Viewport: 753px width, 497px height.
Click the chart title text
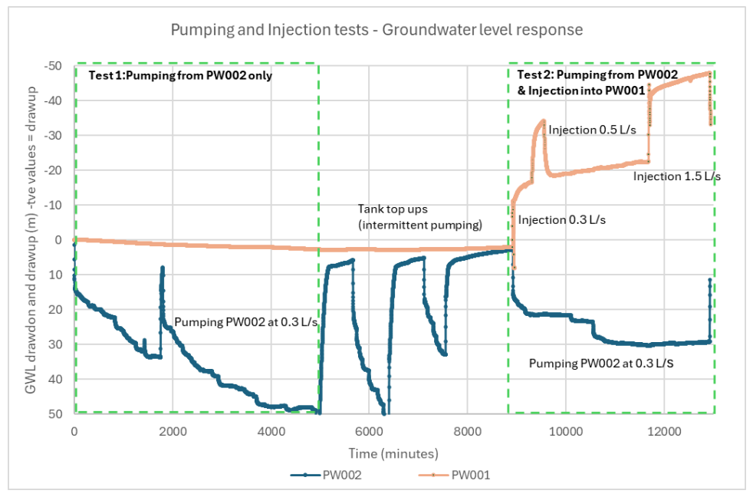coord(376,30)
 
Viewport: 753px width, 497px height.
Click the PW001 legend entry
coord(454,475)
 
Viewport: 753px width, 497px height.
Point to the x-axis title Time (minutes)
coord(393,453)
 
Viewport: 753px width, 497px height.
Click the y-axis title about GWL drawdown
coord(31,240)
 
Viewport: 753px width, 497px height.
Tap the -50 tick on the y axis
coord(53,66)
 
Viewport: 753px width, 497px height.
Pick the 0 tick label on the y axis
coord(58,240)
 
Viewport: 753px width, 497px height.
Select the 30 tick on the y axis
coord(56,344)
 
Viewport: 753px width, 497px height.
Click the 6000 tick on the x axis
coord(369,431)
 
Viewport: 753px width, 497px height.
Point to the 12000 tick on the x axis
coord(664,431)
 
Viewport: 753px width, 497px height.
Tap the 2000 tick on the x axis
coord(173,431)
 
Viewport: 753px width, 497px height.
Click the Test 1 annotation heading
coord(180,75)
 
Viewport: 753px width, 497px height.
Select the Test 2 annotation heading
coord(597,83)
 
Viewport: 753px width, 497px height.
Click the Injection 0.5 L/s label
coord(592,130)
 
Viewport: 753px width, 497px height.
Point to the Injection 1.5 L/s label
coord(676,176)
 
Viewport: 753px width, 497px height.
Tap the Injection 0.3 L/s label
coord(561,220)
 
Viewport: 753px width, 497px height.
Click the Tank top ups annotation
coord(419,216)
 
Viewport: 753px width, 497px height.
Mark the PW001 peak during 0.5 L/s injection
coord(543,120)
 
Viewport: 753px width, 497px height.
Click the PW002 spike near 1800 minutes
coord(163,268)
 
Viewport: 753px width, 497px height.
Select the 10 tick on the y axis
coord(56,275)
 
